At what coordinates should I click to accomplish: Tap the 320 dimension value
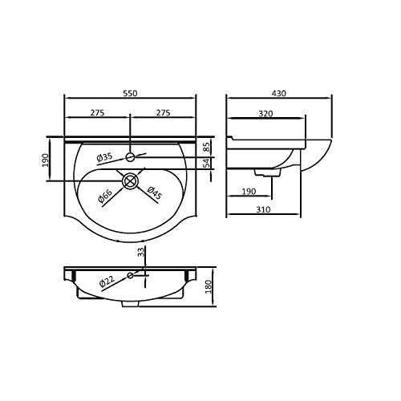(265, 114)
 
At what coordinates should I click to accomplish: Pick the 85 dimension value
(206, 147)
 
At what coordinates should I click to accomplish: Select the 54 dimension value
(206, 164)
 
